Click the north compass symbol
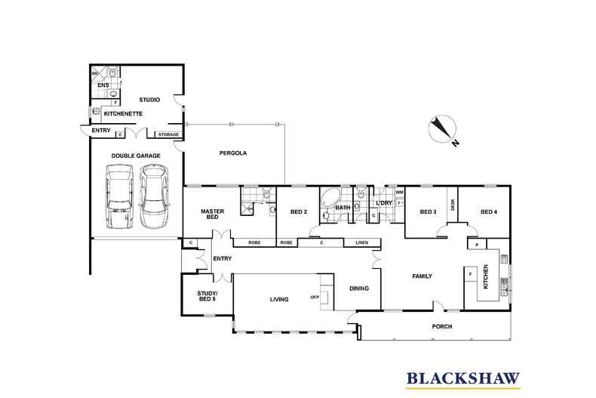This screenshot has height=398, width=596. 439,130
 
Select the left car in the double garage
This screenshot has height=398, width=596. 120,198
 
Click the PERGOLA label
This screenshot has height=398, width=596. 234,153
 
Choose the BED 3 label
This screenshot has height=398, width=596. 428,212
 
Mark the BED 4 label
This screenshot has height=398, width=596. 489,212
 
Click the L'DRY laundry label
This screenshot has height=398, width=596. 384,205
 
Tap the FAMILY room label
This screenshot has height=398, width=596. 421,276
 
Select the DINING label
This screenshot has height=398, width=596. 358,288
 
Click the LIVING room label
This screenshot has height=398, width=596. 279,300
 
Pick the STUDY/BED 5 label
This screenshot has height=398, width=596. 207,296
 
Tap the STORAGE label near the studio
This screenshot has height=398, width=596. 168,134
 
